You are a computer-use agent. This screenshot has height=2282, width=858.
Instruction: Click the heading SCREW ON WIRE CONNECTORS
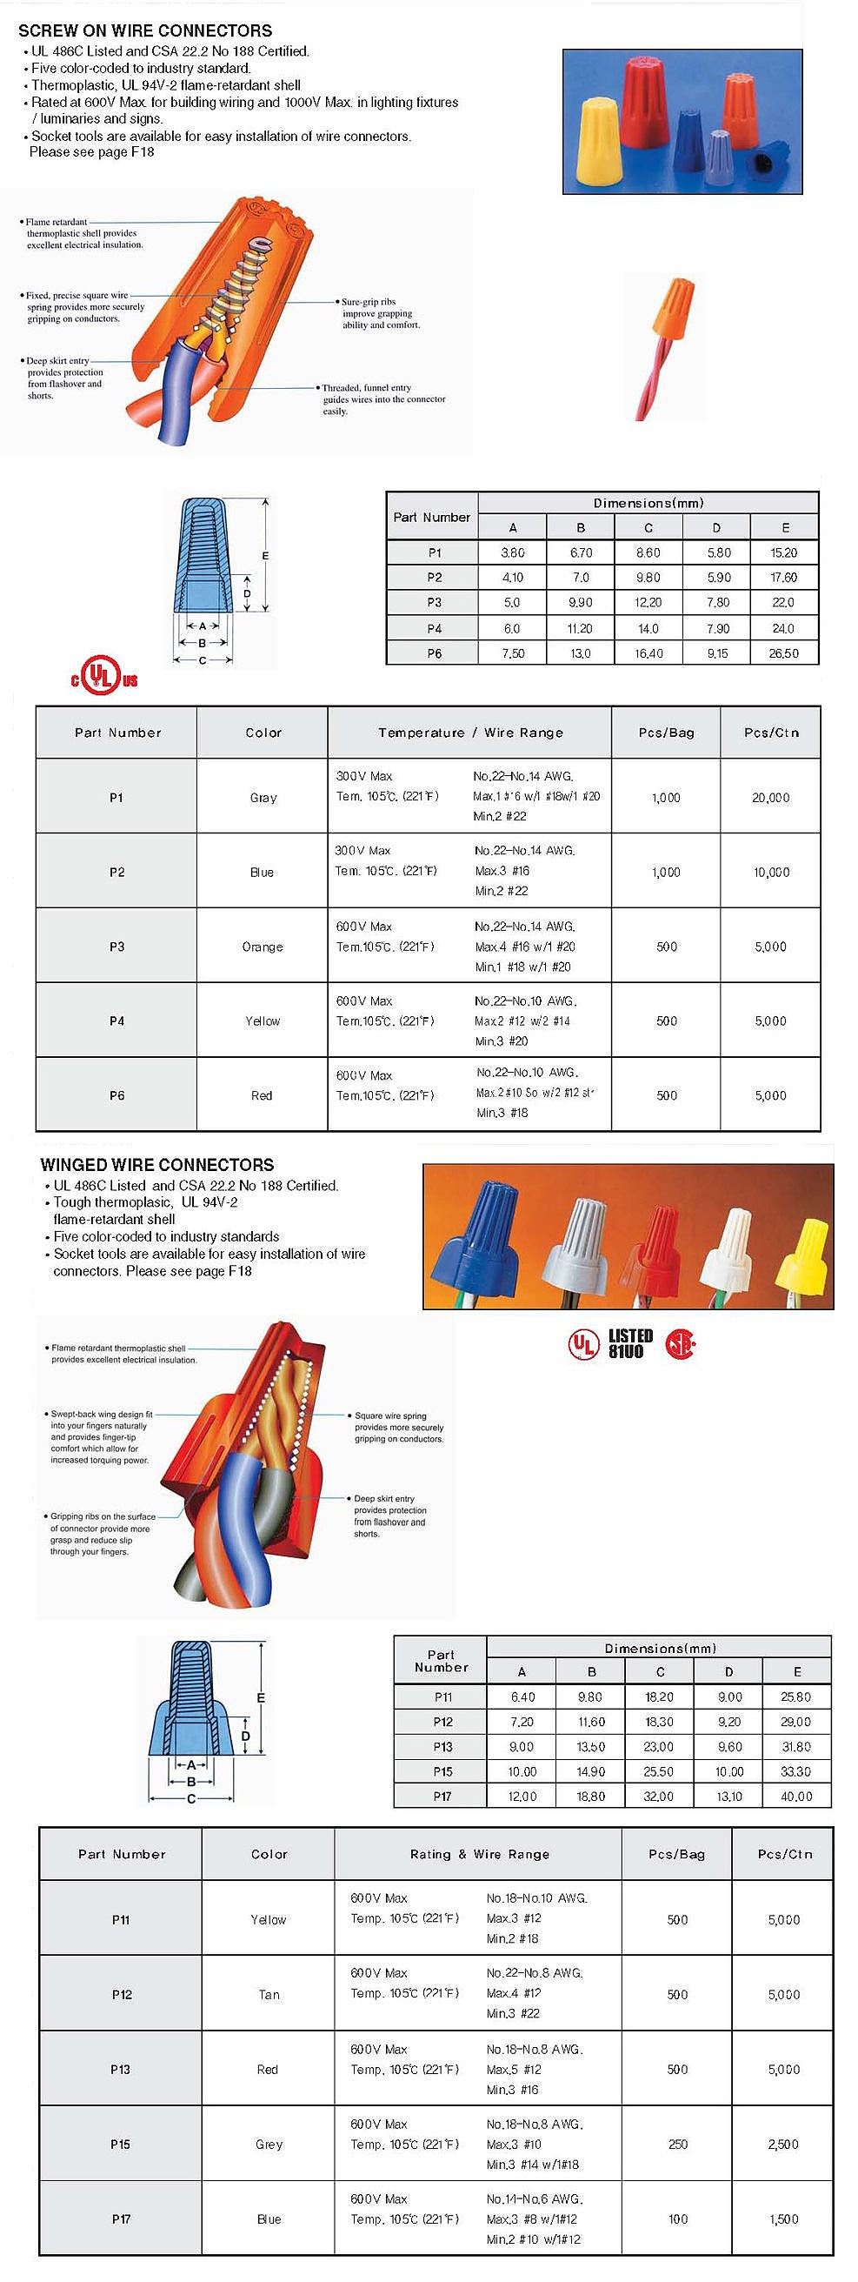(x=145, y=30)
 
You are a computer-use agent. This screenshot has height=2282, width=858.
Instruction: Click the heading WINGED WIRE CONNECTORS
(x=157, y=1164)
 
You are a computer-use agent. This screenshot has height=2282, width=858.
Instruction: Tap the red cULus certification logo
(x=104, y=679)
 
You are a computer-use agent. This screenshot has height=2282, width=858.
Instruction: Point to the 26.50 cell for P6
(x=783, y=652)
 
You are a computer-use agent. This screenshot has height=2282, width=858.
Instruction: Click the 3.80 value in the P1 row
(x=512, y=552)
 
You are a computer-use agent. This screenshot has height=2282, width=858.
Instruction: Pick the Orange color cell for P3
(x=262, y=946)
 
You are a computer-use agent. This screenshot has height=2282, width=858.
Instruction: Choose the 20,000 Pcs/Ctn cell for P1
(x=770, y=797)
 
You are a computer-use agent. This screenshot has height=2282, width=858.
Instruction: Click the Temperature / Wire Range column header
(x=470, y=733)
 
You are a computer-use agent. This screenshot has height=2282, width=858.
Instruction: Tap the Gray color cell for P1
(x=263, y=797)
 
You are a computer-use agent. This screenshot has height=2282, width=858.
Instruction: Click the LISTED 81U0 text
(x=630, y=1343)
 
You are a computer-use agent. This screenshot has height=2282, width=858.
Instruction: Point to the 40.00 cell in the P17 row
(x=796, y=1796)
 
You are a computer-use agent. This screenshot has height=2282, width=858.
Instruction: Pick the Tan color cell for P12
(x=269, y=1994)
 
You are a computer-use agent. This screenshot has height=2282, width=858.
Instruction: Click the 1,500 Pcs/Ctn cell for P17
(x=783, y=2218)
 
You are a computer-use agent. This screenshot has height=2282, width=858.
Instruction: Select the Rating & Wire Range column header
(x=479, y=1853)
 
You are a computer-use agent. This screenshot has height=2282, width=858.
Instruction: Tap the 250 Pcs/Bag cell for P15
(x=677, y=2144)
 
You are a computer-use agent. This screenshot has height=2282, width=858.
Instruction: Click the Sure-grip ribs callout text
(x=381, y=313)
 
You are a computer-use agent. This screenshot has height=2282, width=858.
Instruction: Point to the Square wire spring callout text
(x=398, y=1426)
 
